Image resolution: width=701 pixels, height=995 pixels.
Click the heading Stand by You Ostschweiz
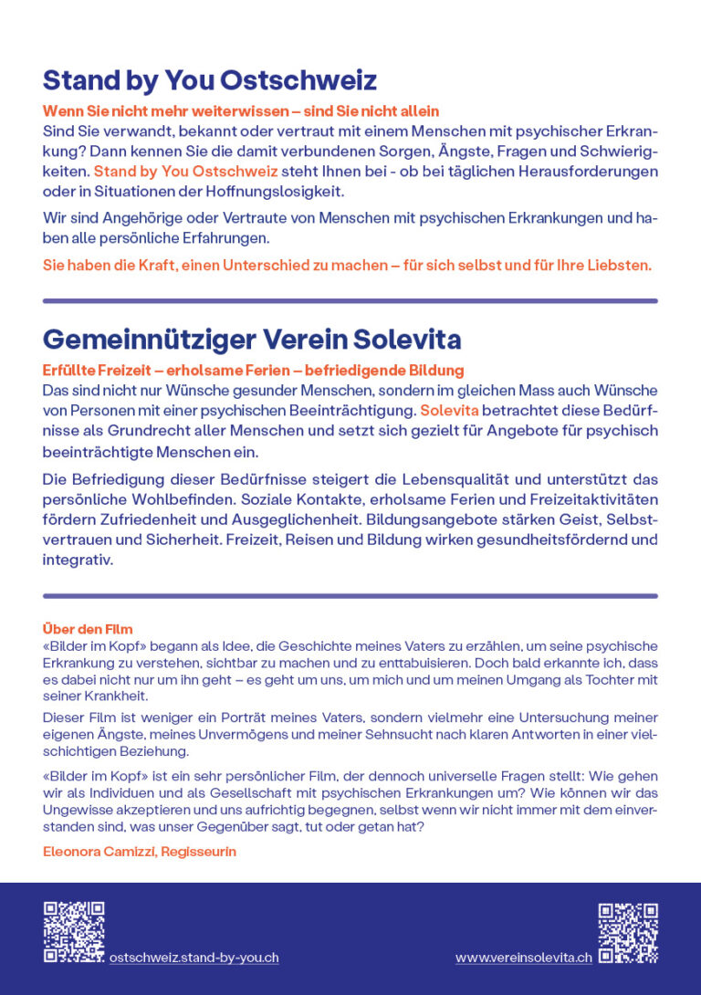point(209,80)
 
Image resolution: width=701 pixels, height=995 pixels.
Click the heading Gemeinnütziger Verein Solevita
point(251,340)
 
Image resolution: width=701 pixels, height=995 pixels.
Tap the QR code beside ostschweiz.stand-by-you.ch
point(74,932)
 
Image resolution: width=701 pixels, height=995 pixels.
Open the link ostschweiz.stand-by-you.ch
point(194,958)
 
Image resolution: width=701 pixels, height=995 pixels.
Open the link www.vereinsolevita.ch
point(523,958)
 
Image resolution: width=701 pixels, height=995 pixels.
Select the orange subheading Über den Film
point(88,629)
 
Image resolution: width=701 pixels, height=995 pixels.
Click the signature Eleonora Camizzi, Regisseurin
point(140,852)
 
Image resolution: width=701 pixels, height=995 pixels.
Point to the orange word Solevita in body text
point(449,411)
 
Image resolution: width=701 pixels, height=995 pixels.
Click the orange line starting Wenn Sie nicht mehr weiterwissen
point(241,111)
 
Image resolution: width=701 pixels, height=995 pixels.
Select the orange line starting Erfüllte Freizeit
point(253,371)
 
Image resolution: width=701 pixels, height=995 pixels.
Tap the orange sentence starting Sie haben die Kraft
point(347,266)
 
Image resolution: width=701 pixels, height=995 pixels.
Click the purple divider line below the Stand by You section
point(350,300)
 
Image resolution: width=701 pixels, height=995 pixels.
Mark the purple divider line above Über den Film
point(350,596)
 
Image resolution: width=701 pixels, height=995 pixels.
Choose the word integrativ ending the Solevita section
point(77,560)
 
